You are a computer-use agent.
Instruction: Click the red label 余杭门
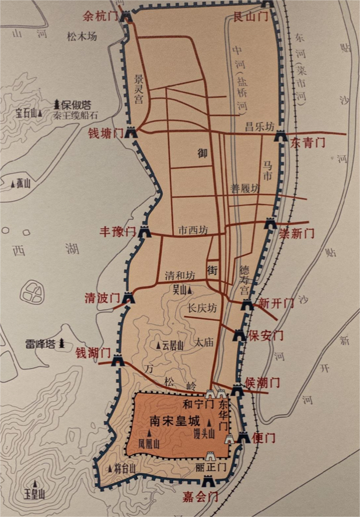pos(100,16)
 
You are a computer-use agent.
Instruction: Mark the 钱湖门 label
pos(93,353)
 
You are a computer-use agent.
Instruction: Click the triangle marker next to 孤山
pos(13,184)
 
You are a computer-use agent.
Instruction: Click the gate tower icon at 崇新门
pos(270,223)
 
